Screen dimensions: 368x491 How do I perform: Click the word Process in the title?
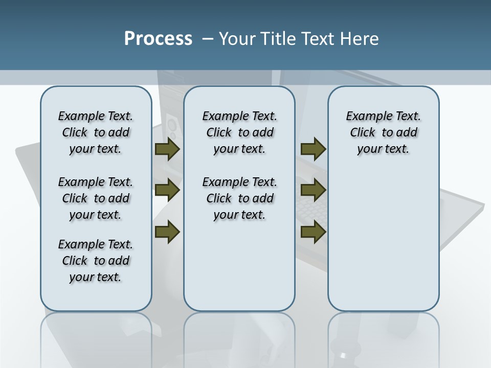[158, 39]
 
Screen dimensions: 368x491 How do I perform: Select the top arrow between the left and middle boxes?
[167, 149]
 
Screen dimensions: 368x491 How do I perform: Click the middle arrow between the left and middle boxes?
[167, 191]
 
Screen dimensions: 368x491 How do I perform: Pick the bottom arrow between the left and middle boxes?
[167, 232]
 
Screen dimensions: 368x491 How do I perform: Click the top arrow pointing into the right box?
[313, 149]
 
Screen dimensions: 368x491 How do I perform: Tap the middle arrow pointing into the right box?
[313, 191]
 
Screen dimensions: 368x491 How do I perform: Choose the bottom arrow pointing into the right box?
[313, 232]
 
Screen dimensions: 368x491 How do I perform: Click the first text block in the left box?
[96, 132]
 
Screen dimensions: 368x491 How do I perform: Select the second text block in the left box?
[96, 198]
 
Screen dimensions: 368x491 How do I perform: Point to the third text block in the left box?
[96, 261]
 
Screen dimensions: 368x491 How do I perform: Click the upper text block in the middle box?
[239, 132]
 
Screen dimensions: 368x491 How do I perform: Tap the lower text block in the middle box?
[239, 198]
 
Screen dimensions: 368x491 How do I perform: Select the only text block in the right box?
[383, 132]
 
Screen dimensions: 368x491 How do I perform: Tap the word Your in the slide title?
[237, 39]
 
